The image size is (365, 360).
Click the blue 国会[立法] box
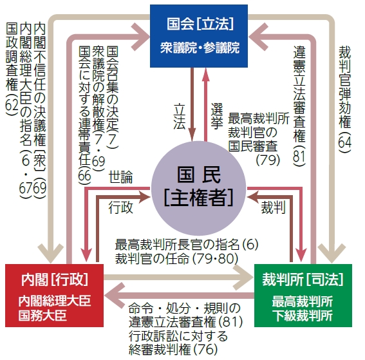tap(199, 36)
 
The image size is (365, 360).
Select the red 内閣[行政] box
tap(54, 296)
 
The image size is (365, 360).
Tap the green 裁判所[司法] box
tap(303, 296)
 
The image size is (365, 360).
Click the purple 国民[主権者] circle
tap(198, 188)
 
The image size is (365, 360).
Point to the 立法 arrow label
tap(179, 117)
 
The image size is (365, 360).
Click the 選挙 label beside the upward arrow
tap(217, 116)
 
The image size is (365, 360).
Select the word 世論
tap(121, 177)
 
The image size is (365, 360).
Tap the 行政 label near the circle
tap(120, 208)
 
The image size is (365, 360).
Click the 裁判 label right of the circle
tap(273, 208)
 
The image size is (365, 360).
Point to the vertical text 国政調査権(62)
tap(12, 69)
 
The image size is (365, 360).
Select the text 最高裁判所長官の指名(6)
tap(187, 245)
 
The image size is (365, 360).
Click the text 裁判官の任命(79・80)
tap(176, 258)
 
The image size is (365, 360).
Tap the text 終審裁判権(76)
tap(173, 349)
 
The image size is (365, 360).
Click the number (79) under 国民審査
tap(268, 160)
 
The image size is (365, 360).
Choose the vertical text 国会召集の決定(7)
tap(113, 98)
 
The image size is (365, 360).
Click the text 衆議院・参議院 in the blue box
tap(200, 48)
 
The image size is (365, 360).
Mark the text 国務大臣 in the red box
tap(43, 316)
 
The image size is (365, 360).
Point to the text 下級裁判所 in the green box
tap(303, 316)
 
